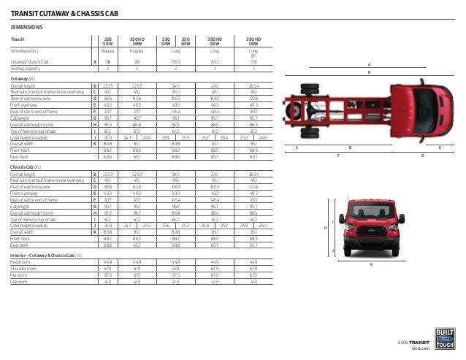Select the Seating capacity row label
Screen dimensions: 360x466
click(x=24, y=68)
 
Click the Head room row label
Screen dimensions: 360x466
click(x=20, y=261)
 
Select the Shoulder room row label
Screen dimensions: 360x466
click(x=23, y=268)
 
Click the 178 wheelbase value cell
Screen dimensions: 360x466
click(x=253, y=62)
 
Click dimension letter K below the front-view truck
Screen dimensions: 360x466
click(x=370, y=264)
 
